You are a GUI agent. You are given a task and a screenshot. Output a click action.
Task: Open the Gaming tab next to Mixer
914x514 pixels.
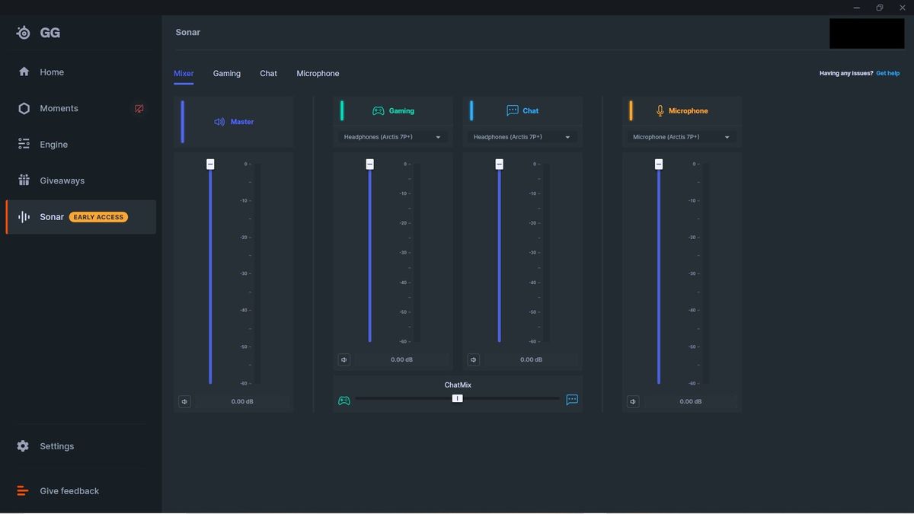[226, 73]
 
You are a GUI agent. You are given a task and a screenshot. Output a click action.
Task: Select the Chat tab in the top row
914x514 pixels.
[268, 73]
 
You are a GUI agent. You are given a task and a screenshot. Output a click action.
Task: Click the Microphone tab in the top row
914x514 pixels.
[318, 73]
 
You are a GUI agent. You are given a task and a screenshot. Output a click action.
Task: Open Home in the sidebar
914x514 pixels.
[52, 72]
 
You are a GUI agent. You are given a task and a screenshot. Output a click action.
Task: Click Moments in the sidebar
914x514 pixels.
[59, 108]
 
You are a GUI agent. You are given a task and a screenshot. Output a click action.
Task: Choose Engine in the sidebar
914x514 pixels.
[53, 145]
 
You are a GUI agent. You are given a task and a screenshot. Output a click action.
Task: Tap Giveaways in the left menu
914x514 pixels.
[62, 180]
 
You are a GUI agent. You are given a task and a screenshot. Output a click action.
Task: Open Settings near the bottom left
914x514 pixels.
[56, 446]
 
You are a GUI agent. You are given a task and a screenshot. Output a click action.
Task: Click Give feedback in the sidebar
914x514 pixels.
[69, 491]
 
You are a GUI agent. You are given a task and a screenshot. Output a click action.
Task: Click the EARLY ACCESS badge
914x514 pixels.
[98, 217]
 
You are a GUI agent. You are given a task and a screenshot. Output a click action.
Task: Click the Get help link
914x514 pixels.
[887, 73]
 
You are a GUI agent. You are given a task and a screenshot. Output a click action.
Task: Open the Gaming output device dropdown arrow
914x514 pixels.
[438, 138]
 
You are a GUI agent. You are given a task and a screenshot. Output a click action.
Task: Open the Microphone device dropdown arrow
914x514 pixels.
[727, 138]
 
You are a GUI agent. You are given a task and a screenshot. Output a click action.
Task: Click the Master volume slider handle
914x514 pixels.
[210, 164]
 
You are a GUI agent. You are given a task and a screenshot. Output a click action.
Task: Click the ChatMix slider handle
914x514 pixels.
[457, 398]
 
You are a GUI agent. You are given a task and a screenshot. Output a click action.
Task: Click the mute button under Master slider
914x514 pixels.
[184, 402]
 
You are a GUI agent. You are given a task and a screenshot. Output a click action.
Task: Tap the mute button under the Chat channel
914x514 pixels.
[473, 359]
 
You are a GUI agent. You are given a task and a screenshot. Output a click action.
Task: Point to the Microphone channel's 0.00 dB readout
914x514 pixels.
[690, 402]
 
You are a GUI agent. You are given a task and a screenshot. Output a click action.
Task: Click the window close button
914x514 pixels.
[902, 8]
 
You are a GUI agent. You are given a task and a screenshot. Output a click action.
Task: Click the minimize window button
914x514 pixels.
[856, 8]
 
